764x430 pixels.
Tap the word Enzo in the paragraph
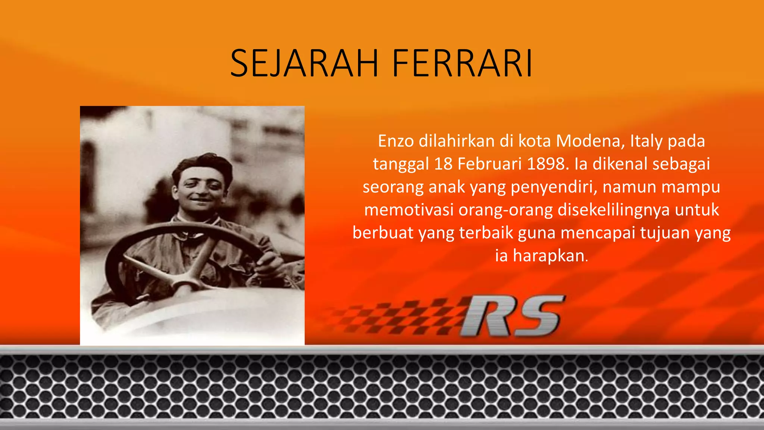click(396, 141)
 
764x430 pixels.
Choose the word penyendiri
click(554, 187)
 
